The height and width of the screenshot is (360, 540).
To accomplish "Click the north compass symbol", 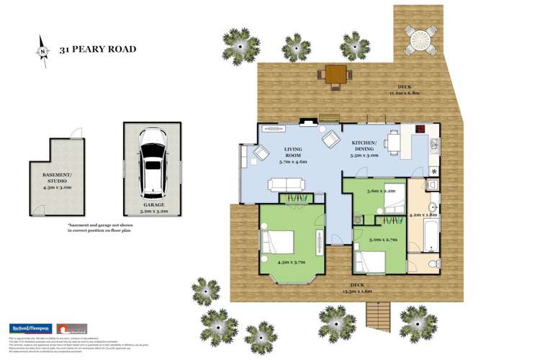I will coord(42,50).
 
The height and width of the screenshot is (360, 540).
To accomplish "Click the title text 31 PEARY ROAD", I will coord(97,50).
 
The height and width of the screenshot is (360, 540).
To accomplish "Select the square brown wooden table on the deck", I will coord(336,73).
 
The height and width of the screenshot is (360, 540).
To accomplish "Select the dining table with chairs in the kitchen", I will coord(393,143).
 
